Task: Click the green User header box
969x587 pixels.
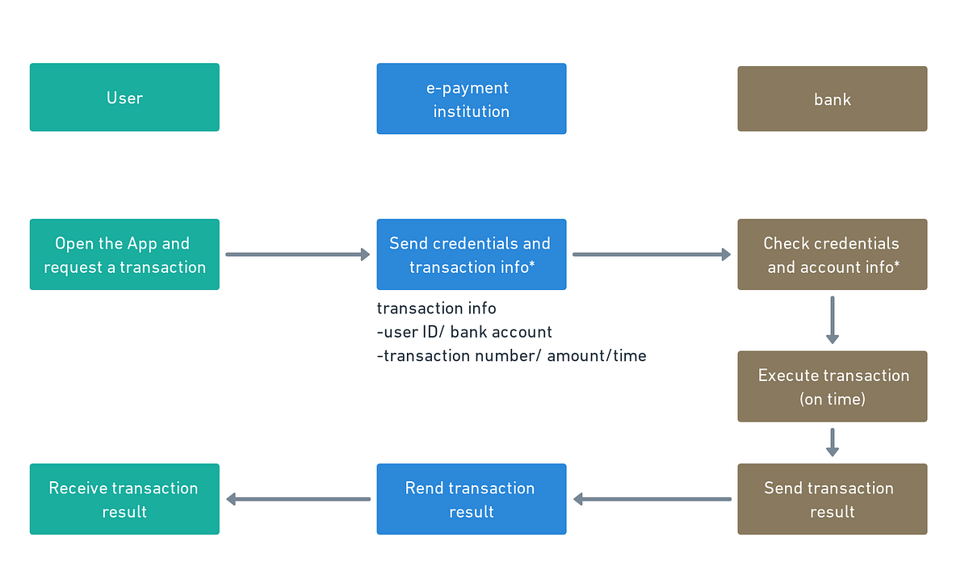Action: (124, 98)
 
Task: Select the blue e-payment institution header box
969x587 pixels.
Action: (471, 99)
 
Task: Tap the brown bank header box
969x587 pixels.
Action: (832, 99)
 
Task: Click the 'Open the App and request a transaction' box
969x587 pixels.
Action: (124, 254)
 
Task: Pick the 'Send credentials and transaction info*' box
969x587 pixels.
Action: (471, 254)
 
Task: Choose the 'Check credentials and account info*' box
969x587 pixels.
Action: (832, 254)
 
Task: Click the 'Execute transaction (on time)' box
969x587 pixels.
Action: (832, 386)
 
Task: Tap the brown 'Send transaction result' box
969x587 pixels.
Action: (832, 499)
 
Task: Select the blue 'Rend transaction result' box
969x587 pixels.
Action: (471, 499)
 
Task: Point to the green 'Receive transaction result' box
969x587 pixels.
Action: (124, 499)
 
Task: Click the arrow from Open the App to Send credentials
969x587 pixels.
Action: (297, 254)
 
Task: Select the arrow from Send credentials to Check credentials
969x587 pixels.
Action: (651, 254)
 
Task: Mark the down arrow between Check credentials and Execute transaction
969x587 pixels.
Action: (832, 320)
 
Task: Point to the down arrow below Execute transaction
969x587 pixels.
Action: (832, 442)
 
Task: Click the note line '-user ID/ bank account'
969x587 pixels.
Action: (464, 332)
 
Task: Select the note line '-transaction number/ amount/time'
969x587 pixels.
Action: (511, 355)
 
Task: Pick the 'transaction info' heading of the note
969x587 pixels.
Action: (436, 308)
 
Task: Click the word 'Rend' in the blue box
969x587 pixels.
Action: (423, 488)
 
